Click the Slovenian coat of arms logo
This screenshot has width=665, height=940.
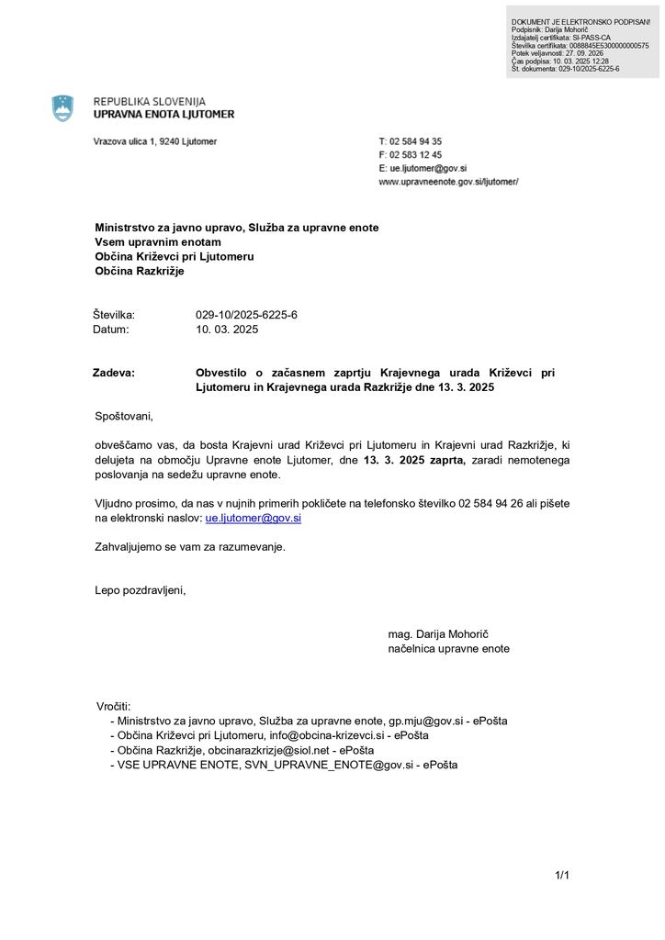62,108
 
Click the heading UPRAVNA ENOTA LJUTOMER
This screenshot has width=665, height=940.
163,115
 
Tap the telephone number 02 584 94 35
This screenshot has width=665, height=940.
416,141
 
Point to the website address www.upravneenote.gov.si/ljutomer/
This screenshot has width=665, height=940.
448,182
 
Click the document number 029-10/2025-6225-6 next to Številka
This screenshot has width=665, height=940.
246,315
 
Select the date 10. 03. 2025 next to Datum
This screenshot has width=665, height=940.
227,329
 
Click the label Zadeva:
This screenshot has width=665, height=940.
114,373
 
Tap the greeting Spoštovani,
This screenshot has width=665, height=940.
124,417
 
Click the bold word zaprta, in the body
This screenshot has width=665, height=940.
441,460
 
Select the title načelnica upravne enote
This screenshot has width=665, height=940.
448,648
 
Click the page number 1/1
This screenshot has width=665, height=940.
562,875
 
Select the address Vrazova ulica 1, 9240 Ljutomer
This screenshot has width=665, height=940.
155,141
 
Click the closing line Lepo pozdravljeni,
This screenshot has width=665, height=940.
140,590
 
